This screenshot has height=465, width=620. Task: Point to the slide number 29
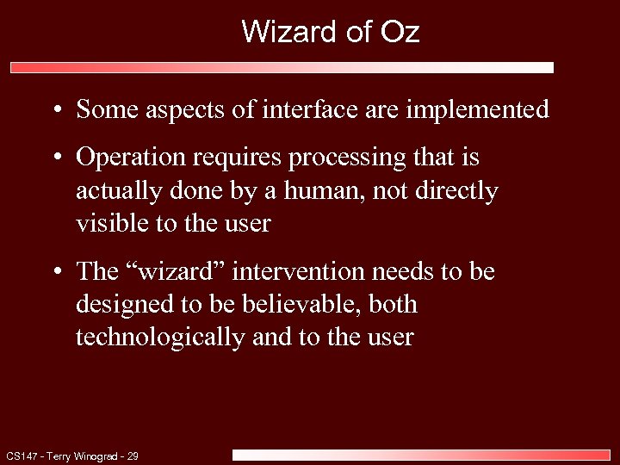tap(133, 456)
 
